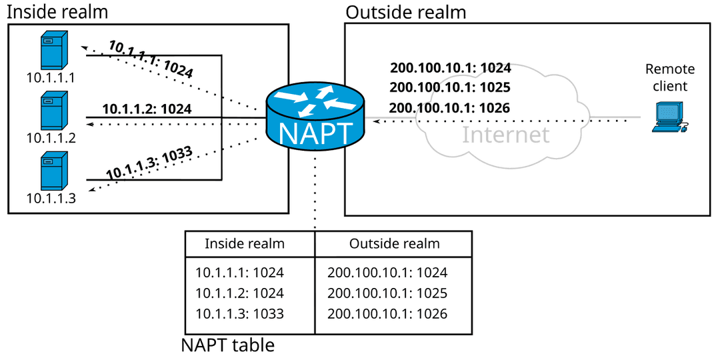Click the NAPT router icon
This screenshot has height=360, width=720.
point(315,117)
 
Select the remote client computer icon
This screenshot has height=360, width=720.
point(668,117)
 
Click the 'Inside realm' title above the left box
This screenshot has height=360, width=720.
point(57,11)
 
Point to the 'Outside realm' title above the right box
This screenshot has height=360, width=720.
point(405,11)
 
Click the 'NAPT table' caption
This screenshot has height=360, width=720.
point(228,345)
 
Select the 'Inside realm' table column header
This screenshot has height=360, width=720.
point(245,244)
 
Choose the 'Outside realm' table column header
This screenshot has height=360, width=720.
point(395,244)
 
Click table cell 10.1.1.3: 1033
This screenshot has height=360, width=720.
point(239,313)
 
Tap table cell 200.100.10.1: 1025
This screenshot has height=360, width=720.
point(387,293)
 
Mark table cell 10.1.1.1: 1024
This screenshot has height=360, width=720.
point(239,273)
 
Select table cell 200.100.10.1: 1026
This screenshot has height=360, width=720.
point(387,313)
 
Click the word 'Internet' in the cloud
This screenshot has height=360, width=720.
point(506,135)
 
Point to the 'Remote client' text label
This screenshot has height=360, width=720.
point(670,77)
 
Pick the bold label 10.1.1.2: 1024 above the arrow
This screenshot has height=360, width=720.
point(147,108)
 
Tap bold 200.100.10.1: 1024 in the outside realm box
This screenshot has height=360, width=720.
point(450,68)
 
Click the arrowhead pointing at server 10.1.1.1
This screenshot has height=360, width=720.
point(83,47)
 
